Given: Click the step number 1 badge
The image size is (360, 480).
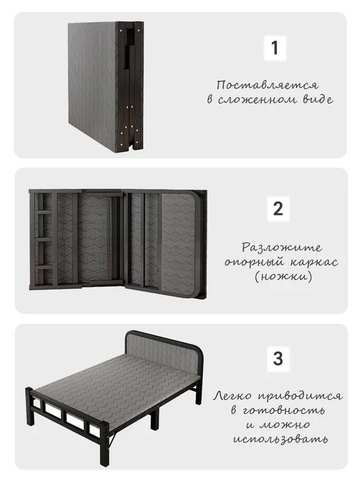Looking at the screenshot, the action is click(275, 47).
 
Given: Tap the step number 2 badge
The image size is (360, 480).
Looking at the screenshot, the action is click(278, 209).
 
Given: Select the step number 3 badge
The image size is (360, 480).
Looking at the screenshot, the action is click(278, 359).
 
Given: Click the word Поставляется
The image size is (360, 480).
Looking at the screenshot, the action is click(267, 85).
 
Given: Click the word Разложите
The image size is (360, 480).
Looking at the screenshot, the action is click(282, 247).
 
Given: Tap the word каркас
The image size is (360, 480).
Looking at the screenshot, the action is click(313, 262).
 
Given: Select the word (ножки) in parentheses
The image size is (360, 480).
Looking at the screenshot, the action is click(283, 277).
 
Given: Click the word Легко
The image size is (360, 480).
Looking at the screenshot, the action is click(232, 396).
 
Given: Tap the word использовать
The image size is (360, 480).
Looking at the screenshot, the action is click(280, 440).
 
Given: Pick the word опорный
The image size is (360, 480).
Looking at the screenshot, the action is click(255, 262).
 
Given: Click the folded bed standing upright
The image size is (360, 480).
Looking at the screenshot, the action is click(106, 87).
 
